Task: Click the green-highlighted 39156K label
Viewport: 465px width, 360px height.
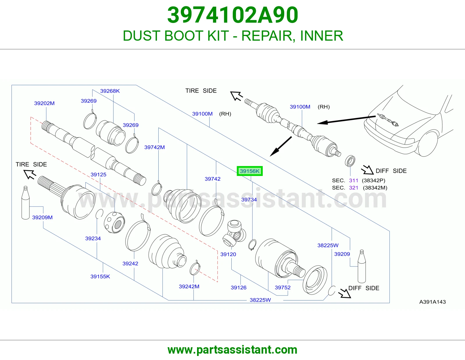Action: coord(250,171)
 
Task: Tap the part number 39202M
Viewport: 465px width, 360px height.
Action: coord(44,103)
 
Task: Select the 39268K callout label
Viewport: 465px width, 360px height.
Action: coord(110,91)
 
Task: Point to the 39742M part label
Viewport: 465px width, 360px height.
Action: coord(155,147)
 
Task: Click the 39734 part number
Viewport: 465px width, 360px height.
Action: coord(249,199)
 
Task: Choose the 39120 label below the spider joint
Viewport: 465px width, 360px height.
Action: coord(228,254)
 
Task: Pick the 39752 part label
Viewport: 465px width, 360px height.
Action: coord(282,287)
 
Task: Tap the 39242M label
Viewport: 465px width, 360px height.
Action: coord(189,286)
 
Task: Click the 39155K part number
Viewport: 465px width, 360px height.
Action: coord(100,276)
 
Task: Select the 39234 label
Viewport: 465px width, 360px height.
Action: coord(93,238)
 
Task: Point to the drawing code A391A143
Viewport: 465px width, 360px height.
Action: coord(432,302)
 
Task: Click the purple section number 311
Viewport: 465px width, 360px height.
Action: coord(353,180)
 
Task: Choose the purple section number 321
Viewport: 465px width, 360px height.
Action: coord(353,188)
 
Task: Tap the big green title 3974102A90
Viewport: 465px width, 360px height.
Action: coord(233,15)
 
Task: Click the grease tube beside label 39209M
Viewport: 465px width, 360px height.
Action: coord(26,202)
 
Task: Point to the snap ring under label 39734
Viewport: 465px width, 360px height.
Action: coord(252,244)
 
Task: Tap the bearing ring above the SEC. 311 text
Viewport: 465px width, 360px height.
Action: coord(350,161)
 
